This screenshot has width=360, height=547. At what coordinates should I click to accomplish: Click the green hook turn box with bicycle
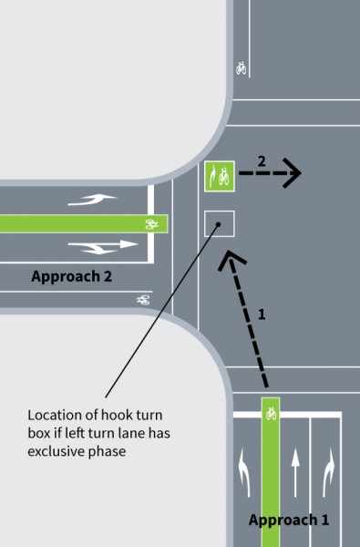(x=219, y=176)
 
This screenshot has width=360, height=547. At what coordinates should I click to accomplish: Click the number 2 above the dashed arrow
(x=262, y=161)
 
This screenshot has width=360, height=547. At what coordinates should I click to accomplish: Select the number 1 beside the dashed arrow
(x=262, y=315)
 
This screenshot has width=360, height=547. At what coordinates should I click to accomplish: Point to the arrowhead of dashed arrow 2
(x=293, y=173)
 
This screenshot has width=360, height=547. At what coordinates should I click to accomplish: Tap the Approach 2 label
(x=71, y=276)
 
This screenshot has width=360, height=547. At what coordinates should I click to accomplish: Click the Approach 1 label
(x=289, y=520)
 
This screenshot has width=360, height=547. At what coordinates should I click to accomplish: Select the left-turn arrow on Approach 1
(x=244, y=472)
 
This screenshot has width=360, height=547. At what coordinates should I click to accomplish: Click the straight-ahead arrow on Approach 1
(x=295, y=472)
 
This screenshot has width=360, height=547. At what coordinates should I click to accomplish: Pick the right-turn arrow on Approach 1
(x=328, y=472)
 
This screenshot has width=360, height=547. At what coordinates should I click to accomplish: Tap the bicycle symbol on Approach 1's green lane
(x=271, y=414)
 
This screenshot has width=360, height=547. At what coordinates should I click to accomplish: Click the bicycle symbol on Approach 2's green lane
(x=151, y=224)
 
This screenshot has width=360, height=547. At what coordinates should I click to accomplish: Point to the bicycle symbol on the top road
(x=241, y=68)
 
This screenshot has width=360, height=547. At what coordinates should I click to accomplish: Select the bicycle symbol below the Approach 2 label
(x=143, y=300)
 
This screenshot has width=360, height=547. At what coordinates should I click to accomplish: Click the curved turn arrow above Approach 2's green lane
(x=92, y=200)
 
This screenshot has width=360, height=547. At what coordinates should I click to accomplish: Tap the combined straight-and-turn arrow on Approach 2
(x=103, y=246)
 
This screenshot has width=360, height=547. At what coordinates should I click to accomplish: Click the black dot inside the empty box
(x=219, y=224)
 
